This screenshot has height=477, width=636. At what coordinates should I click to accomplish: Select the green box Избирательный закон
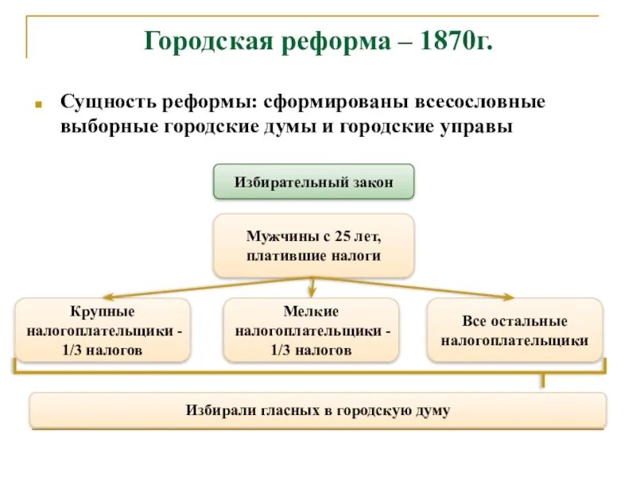pyautogui.click(x=313, y=182)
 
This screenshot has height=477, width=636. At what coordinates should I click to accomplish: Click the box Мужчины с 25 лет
pyautogui.click(x=313, y=246)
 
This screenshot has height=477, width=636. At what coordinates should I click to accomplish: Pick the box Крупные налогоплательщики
pyautogui.click(x=103, y=330)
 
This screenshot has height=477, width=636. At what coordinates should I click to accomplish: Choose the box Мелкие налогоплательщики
pyautogui.click(x=311, y=330)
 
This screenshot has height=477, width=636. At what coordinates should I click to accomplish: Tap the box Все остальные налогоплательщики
pyautogui.click(x=515, y=330)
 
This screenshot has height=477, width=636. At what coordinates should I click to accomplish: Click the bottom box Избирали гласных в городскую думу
pyautogui.click(x=318, y=410)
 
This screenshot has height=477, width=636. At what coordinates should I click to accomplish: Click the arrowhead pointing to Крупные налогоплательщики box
pyautogui.click(x=113, y=296)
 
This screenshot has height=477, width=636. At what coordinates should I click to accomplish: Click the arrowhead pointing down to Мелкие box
pyautogui.click(x=312, y=293)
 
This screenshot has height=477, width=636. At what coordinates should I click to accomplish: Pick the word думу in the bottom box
pyautogui.click(x=432, y=411)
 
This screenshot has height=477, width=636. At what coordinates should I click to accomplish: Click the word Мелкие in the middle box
pyautogui.click(x=311, y=311)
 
